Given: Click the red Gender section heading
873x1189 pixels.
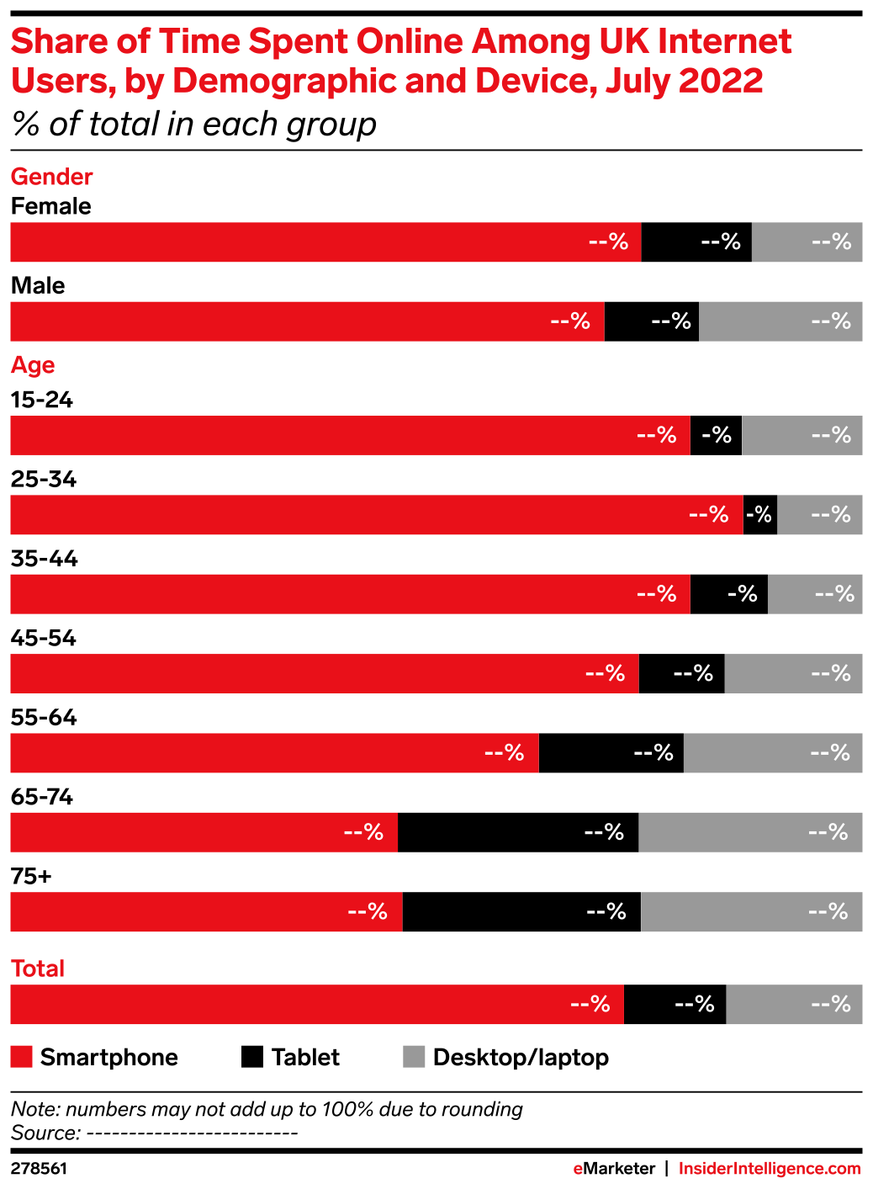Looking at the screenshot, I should tap(51, 177).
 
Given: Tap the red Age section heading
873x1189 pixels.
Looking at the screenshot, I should tap(33, 365).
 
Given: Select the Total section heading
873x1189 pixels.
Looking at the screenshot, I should tap(38, 969).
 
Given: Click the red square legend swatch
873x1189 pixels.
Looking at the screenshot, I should tap(21, 1056).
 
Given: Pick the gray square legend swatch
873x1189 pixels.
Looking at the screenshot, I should tap(414, 1056).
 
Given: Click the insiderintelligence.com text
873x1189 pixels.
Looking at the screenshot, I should tap(769, 1169).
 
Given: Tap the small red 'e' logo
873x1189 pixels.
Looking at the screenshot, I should tap(578, 1169).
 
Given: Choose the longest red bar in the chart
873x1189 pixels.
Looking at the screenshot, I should tap(376, 515).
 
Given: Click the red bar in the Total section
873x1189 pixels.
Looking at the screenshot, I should tap(316, 1005).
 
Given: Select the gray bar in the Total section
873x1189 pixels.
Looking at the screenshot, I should tap(794, 1005).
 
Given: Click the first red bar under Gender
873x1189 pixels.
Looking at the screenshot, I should tap(325, 242).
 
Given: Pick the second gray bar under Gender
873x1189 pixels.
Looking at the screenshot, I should tap(780, 321).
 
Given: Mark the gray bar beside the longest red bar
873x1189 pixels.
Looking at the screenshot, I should tap(819, 515).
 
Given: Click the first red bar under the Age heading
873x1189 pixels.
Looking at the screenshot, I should tap(350, 436).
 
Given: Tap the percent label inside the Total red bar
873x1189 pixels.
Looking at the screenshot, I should tap(590, 1005).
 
